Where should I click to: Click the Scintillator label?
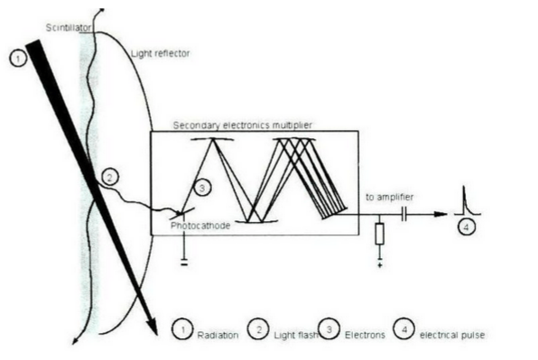(x=69, y=27)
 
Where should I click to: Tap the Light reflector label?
(x=161, y=53)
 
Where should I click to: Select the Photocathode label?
(x=200, y=226)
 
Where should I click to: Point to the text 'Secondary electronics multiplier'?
(x=243, y=125)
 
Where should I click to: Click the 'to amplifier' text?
(x=389, y=197)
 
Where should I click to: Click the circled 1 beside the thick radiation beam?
(x=18, y=59)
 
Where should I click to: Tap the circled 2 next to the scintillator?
(x=110, y=177)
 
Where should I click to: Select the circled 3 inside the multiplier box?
(x=202, y=188)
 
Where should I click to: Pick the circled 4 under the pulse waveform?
(x=467, y=226)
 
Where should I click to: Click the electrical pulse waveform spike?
(x=466, y=201)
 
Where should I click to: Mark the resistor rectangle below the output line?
(x=379, y=234)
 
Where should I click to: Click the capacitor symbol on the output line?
(x=404, y=215)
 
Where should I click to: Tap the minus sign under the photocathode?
(x=184, y=264)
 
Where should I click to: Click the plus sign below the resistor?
(x=380, y=265)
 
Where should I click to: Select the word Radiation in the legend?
(x=218, y=335)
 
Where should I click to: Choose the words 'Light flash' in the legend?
(x=296, y=335)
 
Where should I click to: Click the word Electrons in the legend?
(x=365, y=335)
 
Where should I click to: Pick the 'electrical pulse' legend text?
(x=452, y=335)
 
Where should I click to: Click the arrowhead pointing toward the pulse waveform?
(x=441, y=215)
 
